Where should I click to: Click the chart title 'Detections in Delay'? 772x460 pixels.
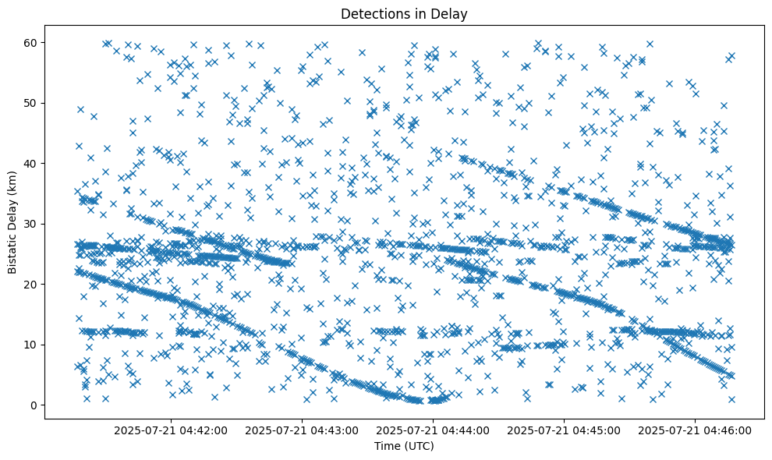[404, 13]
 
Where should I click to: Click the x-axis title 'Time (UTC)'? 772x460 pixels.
[404, 446]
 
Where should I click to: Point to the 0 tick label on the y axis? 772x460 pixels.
[35, 405]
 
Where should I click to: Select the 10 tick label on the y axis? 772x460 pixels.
[32, 345]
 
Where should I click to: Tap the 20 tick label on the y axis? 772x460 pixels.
[32, 285]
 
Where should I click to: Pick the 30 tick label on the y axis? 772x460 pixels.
[32, 224]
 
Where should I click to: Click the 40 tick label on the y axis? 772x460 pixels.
[32, 164]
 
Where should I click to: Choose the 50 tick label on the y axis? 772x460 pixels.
[32, 103]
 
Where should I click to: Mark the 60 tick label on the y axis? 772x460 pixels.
[32, 42]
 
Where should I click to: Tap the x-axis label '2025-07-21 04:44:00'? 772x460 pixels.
[434, 430]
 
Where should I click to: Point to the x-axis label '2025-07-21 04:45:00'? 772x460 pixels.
[565, 430]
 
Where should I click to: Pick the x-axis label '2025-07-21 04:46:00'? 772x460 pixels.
[696, 430]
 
